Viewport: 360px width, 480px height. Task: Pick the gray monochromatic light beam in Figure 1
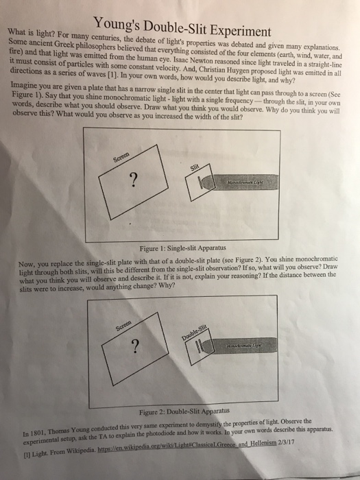239,182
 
